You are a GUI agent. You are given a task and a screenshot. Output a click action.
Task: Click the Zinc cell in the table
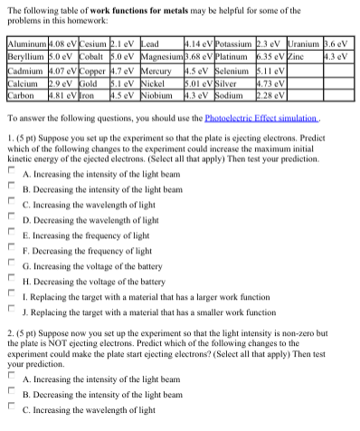[301, 55]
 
